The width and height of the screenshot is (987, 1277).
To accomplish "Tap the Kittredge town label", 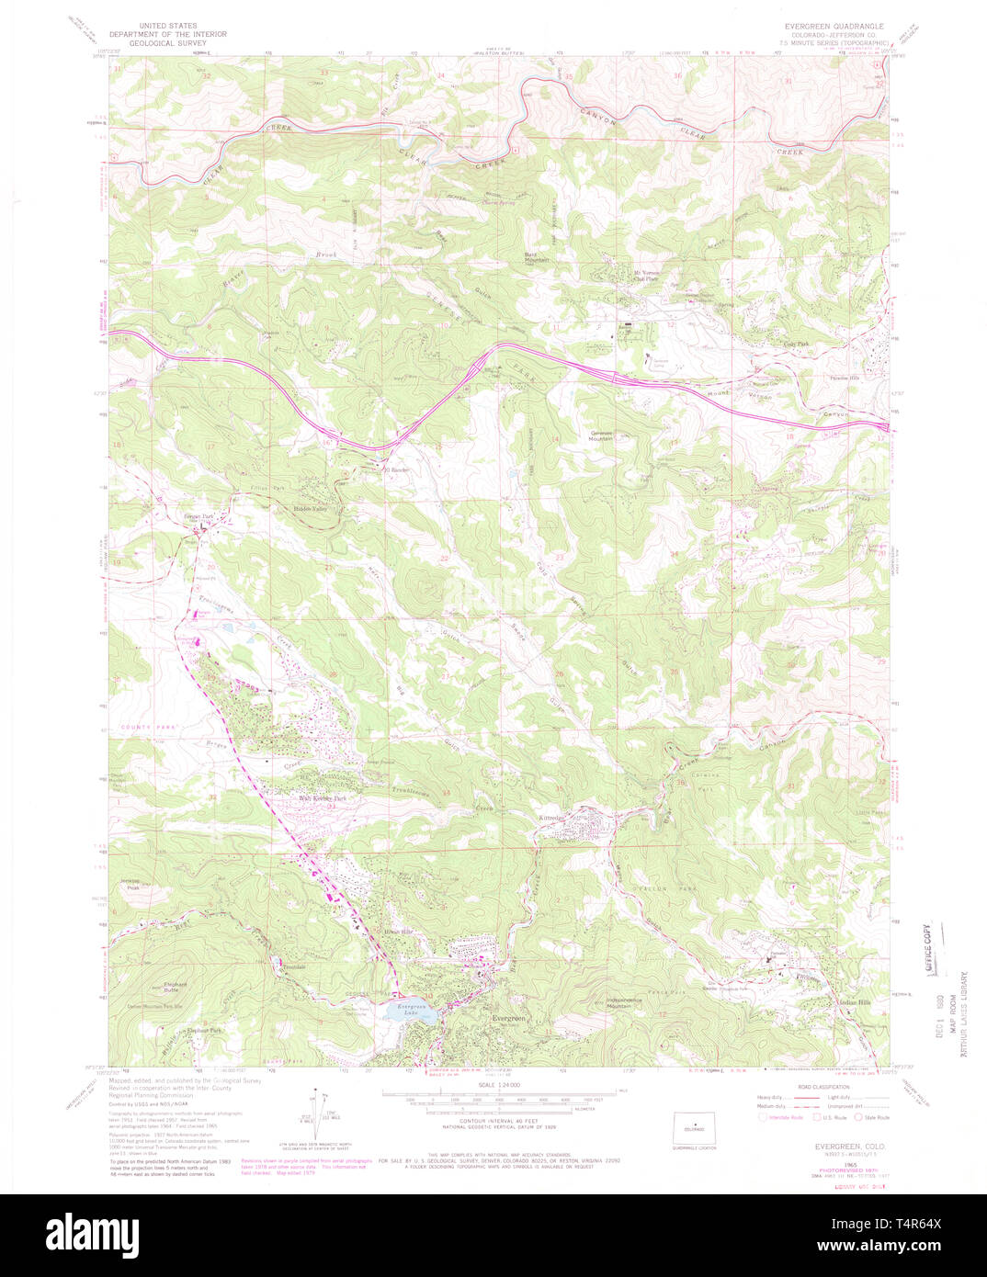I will tap(555, 816).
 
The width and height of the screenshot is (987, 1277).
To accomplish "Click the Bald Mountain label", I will tap(536, 258).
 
